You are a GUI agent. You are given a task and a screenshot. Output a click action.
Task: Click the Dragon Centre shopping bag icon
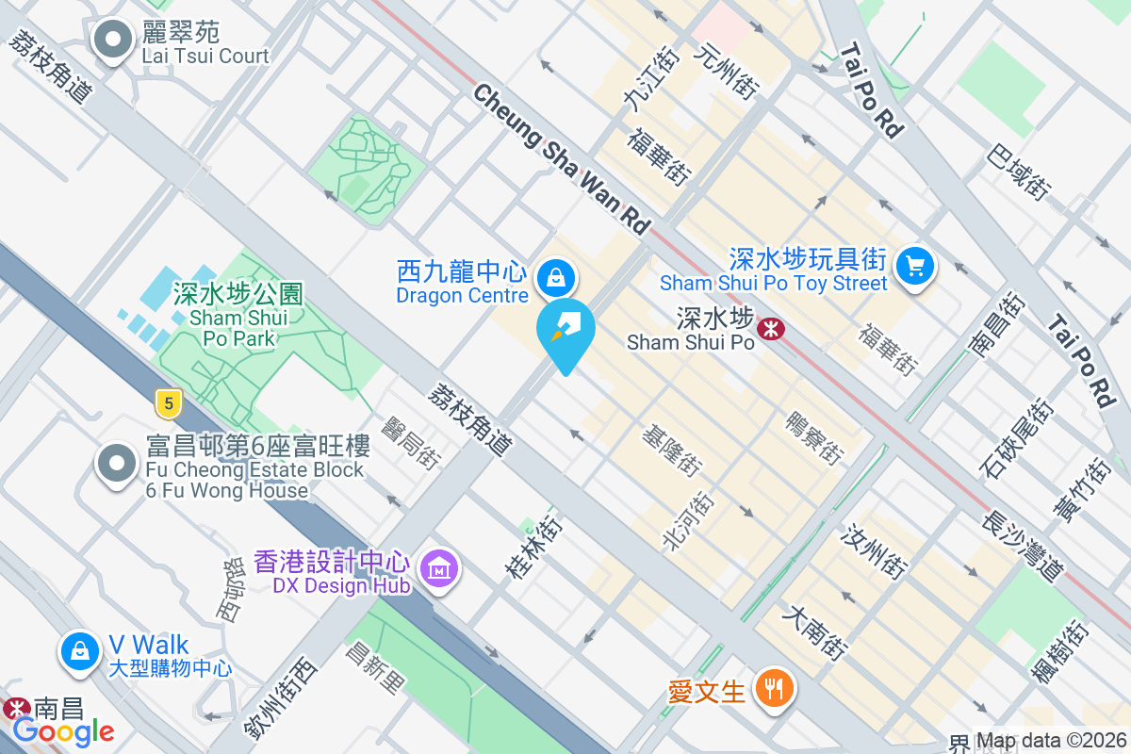(x=556, y=277)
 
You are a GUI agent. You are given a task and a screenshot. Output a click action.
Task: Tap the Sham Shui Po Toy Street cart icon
(x=913, y=266)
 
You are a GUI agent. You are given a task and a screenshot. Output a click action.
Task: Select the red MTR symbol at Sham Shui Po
(x=772, y=328)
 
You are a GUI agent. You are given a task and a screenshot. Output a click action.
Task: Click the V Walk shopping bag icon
(x=80, y=652)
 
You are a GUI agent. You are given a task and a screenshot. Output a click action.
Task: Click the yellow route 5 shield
(x=168, y=404)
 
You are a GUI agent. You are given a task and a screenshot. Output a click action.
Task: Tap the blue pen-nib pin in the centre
(x=565, y=331)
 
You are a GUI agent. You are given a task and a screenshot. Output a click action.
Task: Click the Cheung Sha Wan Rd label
(x=562, y=159)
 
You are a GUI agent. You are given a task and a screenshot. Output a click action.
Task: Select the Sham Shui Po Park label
(x=238, y=316)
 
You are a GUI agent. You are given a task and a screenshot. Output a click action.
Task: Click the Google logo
(x=63, y=730)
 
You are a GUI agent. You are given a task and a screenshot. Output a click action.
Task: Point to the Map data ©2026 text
(x=1052, y=741)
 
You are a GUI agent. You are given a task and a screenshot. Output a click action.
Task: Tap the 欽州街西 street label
(x=280, y=698)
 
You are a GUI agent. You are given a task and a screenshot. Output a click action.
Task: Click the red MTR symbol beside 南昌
(x=15, y=707)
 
